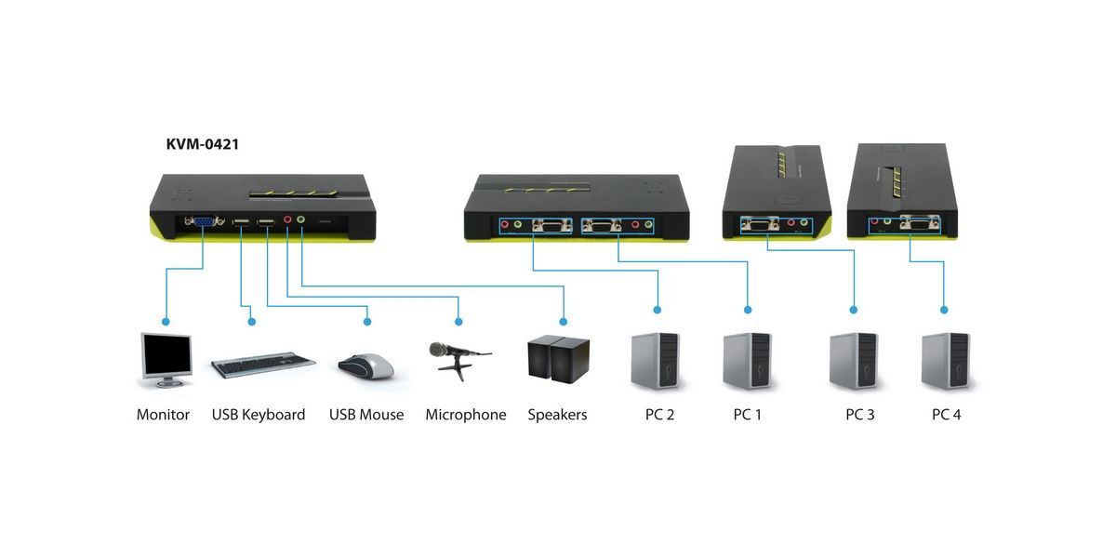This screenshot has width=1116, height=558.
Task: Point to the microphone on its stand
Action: [x=456, y=359]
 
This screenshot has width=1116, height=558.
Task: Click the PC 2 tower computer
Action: [x=658, y=360]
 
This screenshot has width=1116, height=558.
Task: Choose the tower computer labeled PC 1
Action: [x=747, y=360]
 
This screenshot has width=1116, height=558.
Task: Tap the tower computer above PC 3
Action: [x=854, y=360]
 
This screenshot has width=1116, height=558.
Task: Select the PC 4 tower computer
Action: [x=944, y=360]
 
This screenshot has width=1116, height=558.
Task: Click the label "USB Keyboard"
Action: [x=259, y=415]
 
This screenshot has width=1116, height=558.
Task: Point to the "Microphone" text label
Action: [x=466, y=415]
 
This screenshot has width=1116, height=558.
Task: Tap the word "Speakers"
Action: [x=558, y=415]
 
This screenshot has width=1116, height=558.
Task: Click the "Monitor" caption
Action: [x=163, y=415]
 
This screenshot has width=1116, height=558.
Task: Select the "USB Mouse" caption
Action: [x=366, y=415]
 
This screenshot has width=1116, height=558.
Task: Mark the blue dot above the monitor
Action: [x=165, y=322]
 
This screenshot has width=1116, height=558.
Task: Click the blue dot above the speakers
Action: [x=565, y=310]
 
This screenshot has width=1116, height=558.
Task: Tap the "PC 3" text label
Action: [x=859, y=415]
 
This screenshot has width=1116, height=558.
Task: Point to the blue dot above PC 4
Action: [x=944, y=310]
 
